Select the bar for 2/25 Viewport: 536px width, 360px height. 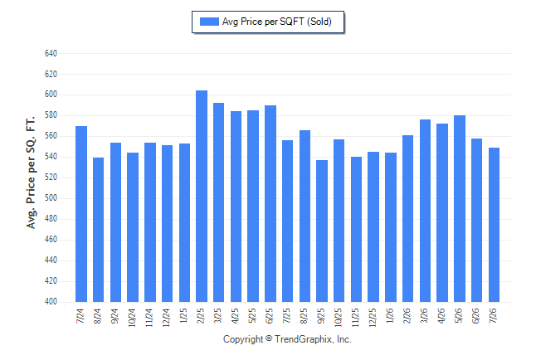202,197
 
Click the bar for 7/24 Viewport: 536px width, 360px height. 81,214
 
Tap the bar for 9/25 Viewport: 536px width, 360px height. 322,231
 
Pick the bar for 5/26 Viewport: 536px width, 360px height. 460,209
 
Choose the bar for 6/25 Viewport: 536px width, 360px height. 270,204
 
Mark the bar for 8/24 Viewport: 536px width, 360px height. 98,230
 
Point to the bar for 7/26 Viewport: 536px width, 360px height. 494,225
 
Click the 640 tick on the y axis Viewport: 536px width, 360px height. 51,53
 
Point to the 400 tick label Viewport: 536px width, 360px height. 51,302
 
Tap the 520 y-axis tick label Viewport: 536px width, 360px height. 51,178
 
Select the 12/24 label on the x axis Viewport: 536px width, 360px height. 167,318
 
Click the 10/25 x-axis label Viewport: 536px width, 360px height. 339,318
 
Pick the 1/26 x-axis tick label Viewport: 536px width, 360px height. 390,315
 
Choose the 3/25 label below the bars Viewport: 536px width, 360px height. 218,315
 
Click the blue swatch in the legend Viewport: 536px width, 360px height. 209,22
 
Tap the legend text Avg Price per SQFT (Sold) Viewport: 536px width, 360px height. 277,22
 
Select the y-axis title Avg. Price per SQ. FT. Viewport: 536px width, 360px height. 31,173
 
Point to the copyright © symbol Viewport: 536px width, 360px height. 269,338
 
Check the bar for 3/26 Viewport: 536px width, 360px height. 425,211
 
